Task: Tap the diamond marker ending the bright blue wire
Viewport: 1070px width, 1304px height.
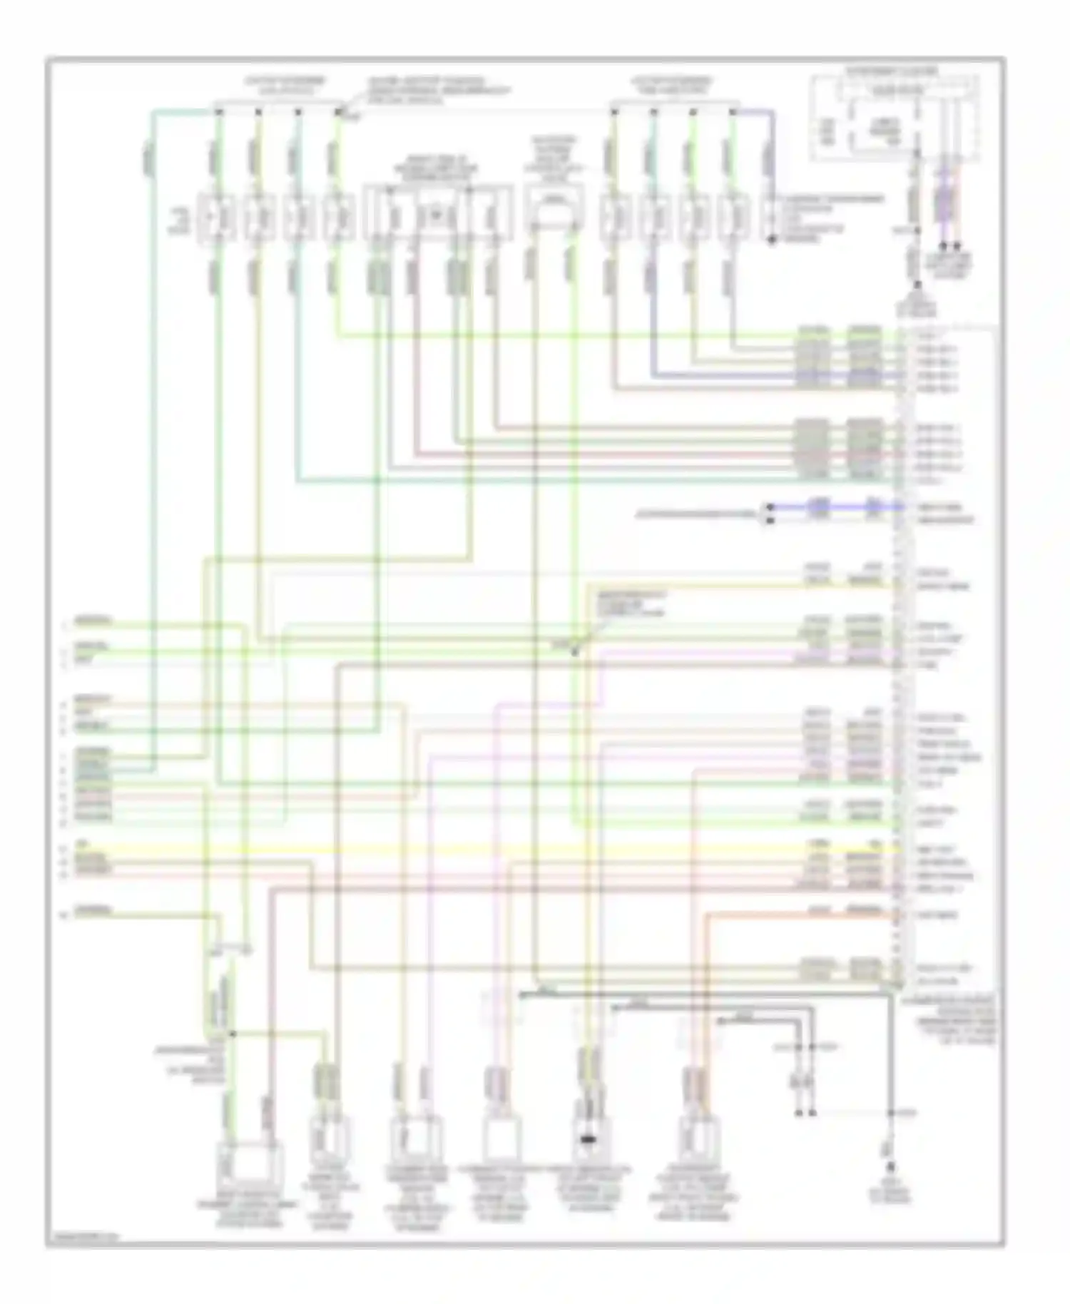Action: pos(769,507)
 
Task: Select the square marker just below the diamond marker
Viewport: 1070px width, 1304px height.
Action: pos(769,521)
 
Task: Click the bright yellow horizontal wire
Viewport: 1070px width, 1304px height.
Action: pos(499,850)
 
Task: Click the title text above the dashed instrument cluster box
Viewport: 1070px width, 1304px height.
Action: pos(892,71)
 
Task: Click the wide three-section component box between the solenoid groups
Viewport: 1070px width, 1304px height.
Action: pos(437,213)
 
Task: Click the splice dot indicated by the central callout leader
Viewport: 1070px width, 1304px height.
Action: pos(574,651)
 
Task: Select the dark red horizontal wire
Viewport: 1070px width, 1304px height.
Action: pos(499,889)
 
